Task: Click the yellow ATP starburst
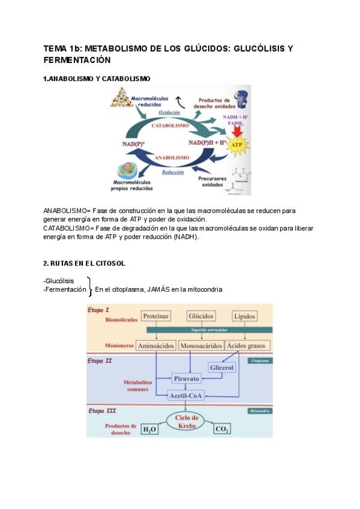[x=236, y=146]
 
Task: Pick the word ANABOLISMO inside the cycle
[x=173, y=157]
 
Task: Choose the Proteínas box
[x=156, y=316]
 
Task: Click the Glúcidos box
[x=201, y=316]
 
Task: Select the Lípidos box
[x=245, y=316]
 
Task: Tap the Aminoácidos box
[x=155, y=346]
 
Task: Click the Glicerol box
[x=221, y=367]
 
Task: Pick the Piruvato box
[x=187, y=379]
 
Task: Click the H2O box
[x=149, y=429]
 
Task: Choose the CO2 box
[x=223, y=429]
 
